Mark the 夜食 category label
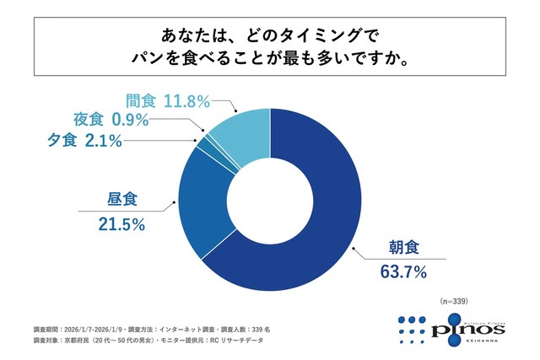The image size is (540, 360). coord(89,120)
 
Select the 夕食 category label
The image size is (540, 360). coord(63,140)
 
